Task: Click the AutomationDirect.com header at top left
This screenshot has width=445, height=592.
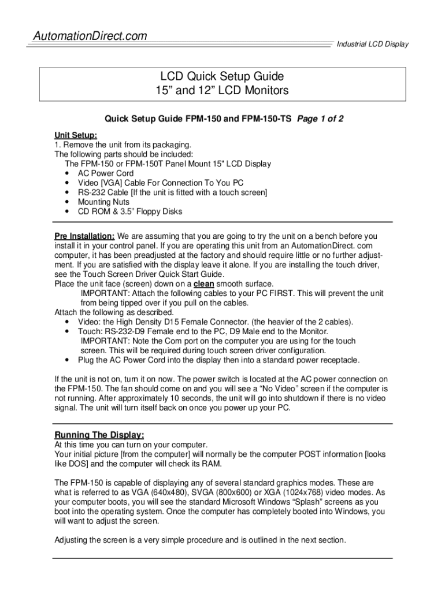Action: coord(89,36)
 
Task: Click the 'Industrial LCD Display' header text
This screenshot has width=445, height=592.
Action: coord(372,45)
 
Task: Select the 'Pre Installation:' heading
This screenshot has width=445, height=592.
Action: coord(84,236)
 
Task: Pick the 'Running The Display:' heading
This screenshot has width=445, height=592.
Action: coord(99,435)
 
